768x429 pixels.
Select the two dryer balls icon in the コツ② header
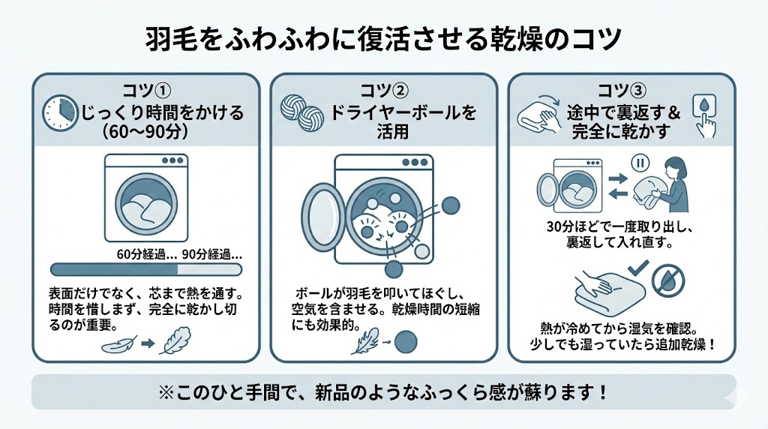(299, 115)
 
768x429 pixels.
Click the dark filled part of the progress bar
(112, 269)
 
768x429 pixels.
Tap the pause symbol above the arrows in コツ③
(640, 162)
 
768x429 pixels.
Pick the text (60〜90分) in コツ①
(145, 133)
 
